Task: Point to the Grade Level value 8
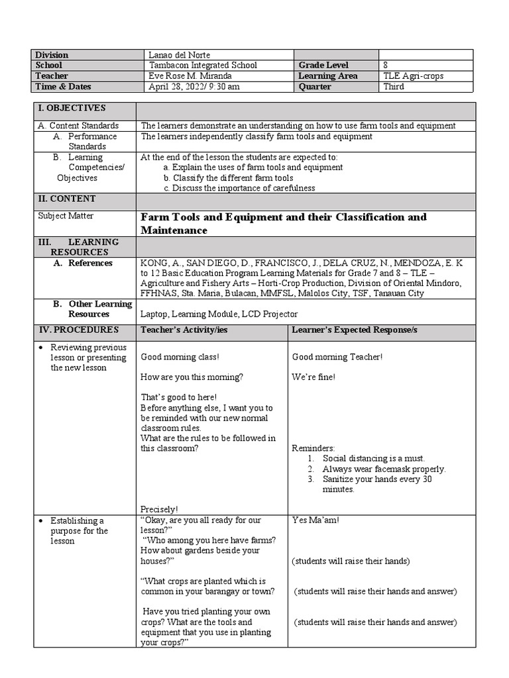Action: (386, 66)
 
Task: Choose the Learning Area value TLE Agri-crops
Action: (413, 76)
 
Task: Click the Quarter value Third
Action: (393, 87)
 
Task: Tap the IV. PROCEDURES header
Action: (78, 330)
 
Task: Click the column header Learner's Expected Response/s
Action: (355, 330)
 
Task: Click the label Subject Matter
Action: (65, 216)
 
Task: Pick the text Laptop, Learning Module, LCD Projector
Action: (219, 314)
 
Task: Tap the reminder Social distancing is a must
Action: (373, 458)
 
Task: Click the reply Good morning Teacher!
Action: (337, 357)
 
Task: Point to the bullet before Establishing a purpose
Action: (41, 521)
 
